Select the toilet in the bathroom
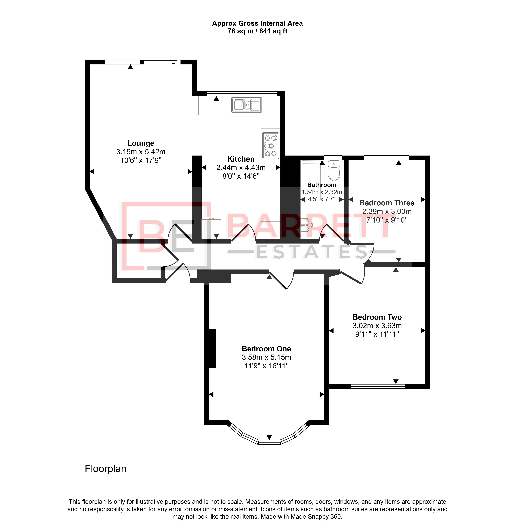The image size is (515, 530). [x=334, y=170]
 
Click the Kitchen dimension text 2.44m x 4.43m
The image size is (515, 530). [x=241, y=168]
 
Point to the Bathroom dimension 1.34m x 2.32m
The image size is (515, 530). [x=322, y=192]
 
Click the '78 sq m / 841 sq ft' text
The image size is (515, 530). [x=257, y=31]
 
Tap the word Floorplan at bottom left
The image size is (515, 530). [x=106, y=469]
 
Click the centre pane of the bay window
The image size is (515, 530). [x=269, y=442]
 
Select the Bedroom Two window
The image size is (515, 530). [x=378, y=386]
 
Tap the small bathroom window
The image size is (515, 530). [x=333, y=158]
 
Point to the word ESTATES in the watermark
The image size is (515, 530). [x=311, y=252]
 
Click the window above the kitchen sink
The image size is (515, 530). [x=242, y=94]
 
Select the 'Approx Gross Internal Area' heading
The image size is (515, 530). [x=257, y=24]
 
